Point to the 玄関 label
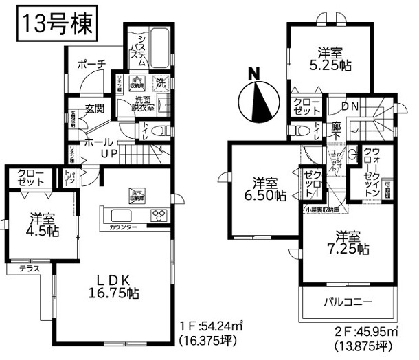click(95, 109)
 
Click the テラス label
click(29, 269)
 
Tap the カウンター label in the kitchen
click(124, 227)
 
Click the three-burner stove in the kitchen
click(159, 214)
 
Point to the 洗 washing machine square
click(160, 81)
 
